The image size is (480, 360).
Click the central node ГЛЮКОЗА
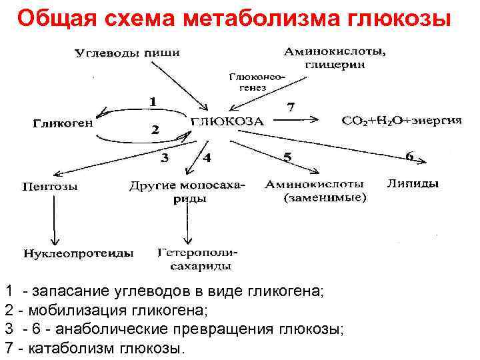tap(228, 122)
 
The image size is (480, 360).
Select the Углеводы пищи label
tap(127, 53)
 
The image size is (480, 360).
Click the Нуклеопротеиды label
tap(79, 254)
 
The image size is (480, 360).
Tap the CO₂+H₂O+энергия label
tap(402, 121)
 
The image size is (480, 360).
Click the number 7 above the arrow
tap(290, 107)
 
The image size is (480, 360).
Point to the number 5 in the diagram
tap(287, 157)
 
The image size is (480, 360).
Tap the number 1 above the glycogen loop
tap(153, 102)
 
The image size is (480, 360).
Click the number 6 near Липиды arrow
tap(409, 156)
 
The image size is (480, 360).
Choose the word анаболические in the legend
tap(117, 329)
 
